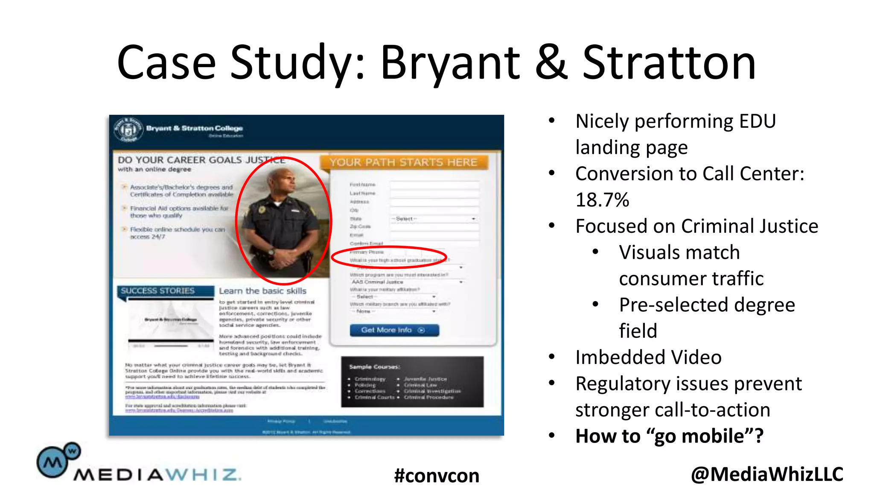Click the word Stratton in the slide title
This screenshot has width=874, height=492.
point(669,63)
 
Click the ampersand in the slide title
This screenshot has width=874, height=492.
point(551,63)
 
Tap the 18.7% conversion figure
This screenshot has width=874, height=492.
point(602,200)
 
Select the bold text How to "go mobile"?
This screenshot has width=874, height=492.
point(669,436)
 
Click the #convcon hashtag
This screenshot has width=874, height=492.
point(437,475)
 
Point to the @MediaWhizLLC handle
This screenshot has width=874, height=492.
point(767,474)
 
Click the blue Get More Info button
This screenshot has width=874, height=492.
point(394,330)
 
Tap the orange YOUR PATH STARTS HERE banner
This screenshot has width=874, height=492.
point(404,162)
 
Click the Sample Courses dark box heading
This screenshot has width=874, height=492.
point(374,367)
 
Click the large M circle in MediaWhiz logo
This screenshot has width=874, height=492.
point(52,462)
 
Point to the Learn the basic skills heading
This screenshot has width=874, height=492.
point(262,291)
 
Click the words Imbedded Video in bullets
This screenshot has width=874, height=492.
point(648,357)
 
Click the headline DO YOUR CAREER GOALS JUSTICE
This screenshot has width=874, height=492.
point(201,160)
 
